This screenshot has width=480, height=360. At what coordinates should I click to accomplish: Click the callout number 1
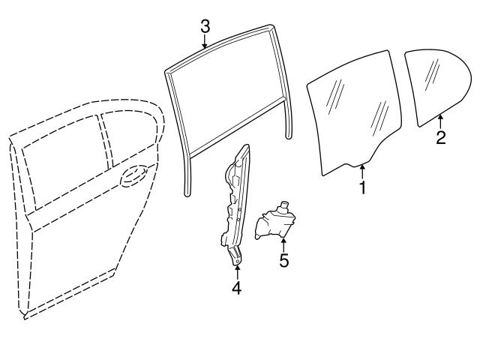tap(362, 187)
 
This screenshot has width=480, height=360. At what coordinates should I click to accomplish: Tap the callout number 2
tap(441, 137)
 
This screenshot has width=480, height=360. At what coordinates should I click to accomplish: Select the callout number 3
tap(205, 25)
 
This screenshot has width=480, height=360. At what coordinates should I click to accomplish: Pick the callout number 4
tap(236, 286)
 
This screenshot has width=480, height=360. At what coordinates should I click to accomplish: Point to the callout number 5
tap(284, 262)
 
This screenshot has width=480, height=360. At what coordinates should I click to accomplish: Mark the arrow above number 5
tap(284, 244)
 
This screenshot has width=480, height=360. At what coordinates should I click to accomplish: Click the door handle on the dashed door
tap(133, 177)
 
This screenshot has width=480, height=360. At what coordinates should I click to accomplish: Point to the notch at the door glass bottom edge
tap(352, 164)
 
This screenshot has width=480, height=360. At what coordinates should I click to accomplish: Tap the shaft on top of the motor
tap(283, 205)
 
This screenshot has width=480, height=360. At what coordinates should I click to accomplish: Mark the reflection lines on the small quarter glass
tap(432, 73)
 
